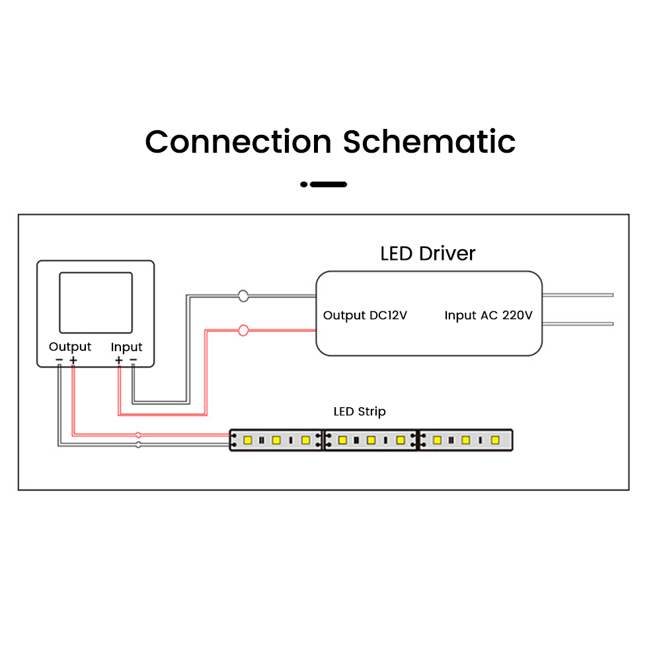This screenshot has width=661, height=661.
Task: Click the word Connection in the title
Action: (238, 141)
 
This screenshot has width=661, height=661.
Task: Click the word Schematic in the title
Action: (429, 141)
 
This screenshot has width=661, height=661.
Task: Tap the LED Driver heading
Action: (428, 253)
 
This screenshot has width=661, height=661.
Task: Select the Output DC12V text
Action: (365, 315)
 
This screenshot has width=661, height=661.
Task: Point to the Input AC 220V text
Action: (488, 315)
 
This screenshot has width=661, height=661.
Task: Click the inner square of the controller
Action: (95, 302)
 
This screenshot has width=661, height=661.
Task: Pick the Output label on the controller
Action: (70, 347)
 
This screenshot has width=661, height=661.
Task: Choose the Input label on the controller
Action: (126, 347)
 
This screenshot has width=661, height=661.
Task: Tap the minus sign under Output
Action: (59, 360)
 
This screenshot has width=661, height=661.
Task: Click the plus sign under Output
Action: (73, 360)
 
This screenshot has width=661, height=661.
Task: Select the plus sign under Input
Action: (118, 360)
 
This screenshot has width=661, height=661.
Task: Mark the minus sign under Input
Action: (133, 360)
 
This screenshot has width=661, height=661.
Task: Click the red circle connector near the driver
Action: (243, 330)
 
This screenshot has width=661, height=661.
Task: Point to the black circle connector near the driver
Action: (243, 296)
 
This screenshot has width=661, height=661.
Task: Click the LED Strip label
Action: (360, 412)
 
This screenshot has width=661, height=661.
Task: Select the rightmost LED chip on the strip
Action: (494, 440)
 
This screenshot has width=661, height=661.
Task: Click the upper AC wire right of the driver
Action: (578, 295)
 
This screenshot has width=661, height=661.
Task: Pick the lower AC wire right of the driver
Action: (578, 323)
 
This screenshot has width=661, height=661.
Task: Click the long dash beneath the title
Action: (329, 184)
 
